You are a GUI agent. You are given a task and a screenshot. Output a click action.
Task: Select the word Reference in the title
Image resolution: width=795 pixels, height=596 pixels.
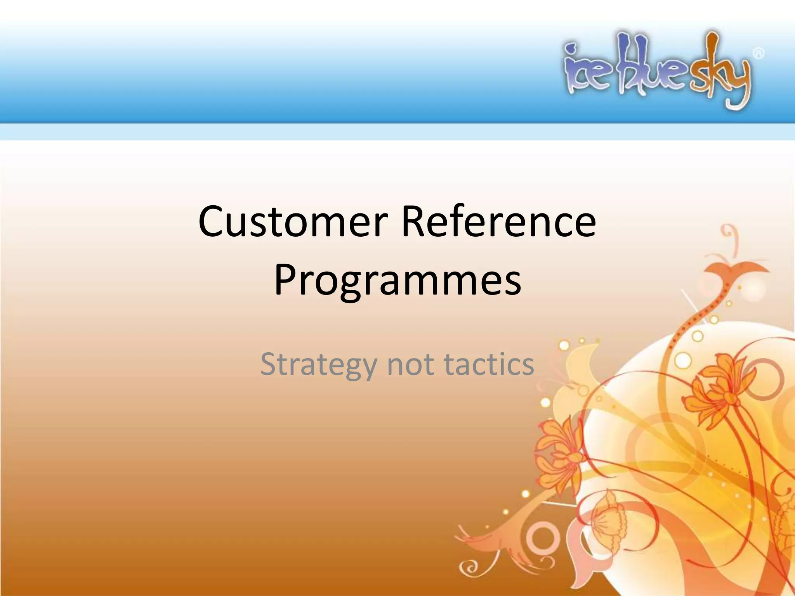pos(498,222)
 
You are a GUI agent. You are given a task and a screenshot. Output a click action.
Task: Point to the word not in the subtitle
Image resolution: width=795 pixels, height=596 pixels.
pos(410,365)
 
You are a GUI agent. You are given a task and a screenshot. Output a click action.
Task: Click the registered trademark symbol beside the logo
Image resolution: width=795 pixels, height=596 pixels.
pos(759,53)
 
